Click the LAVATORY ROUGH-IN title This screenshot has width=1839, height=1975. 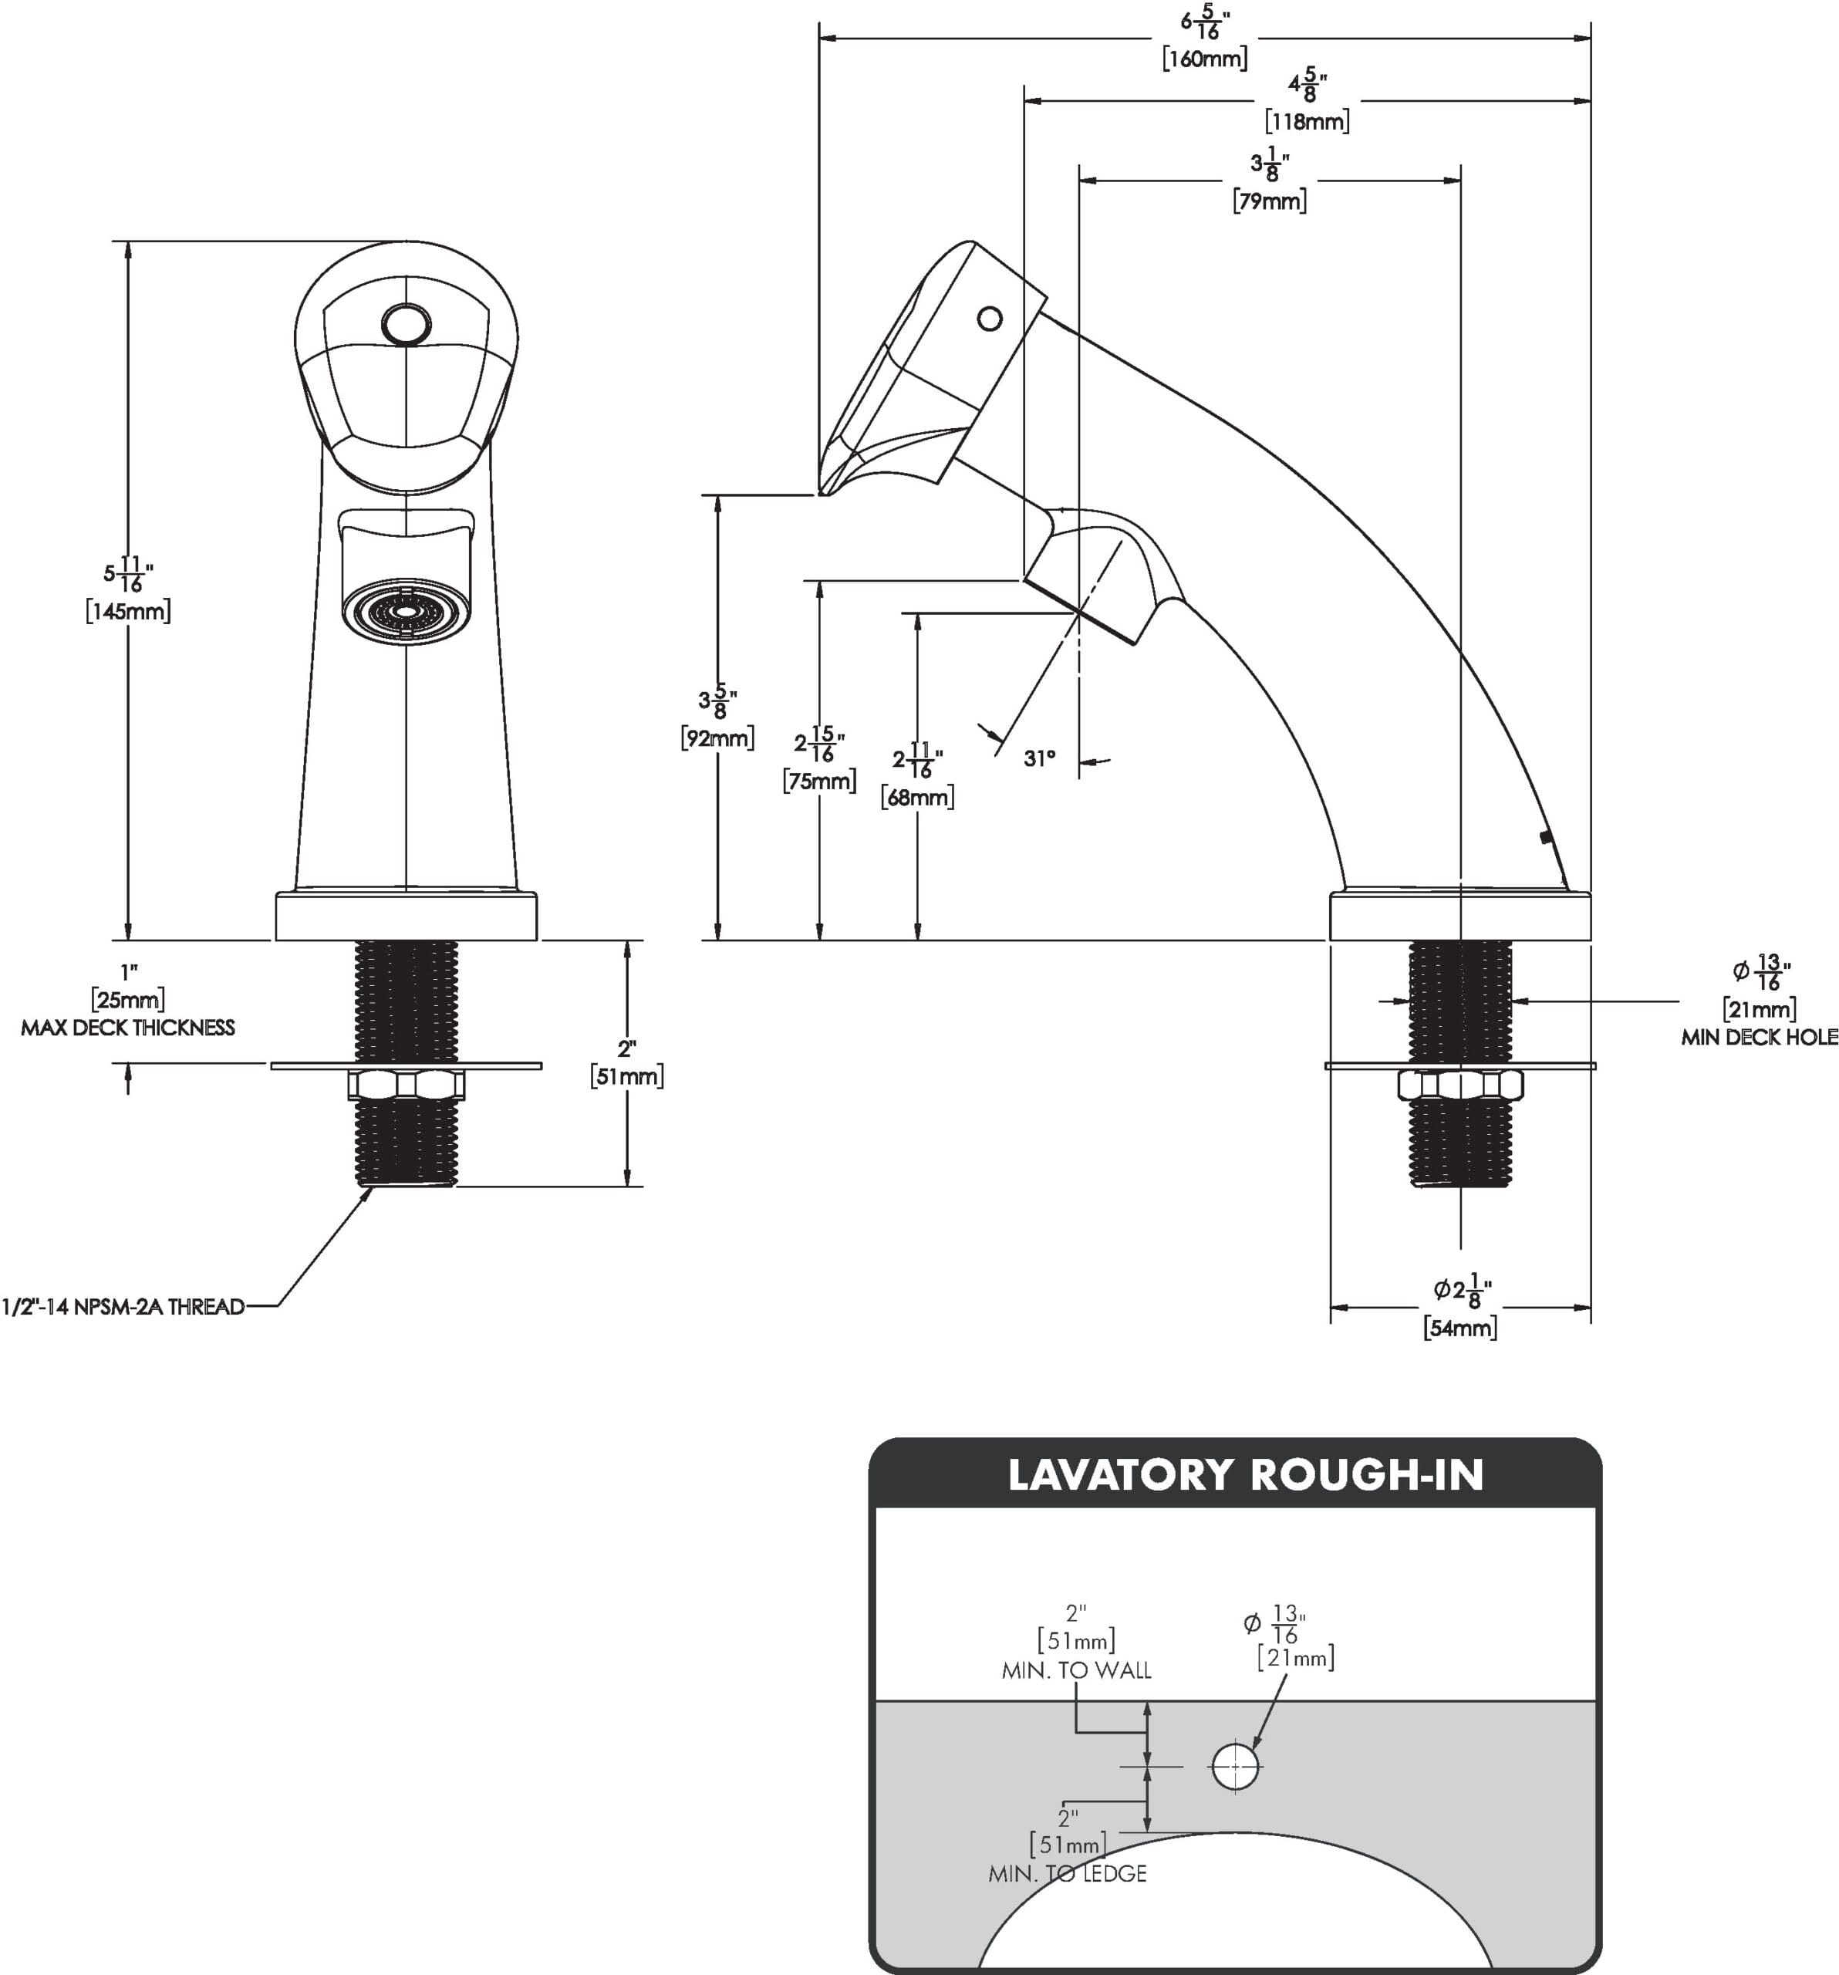coord(1245,1474)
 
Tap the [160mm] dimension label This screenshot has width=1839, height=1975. coord(1204,59)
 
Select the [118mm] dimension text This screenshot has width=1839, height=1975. coord(1307,121)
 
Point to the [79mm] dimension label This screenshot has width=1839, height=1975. coord(1269,201)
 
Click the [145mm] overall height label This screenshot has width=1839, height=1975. coord(127,610)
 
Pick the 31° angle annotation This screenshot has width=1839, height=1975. coord(1039,758)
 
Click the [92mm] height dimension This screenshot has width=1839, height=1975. coord(717,738)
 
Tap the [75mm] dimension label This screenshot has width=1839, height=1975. coord(818,781)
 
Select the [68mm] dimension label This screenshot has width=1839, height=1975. coord(917,797)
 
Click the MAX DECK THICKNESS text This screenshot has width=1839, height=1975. coord(128,1028)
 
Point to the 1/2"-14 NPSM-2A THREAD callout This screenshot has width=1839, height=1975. coord(123,1306)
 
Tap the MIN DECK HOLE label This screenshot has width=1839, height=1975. coord(1759,1037)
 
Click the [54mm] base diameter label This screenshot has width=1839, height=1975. coord(1459,1327)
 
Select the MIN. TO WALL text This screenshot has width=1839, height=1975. coord(1076,1671)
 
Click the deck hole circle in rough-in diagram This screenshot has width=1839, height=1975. coord(1235,1767)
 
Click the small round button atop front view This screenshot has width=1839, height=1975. coord(407,325)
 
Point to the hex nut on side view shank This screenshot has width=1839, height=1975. coord(1459,1084)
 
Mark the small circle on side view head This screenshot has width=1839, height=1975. coord(990,319)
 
